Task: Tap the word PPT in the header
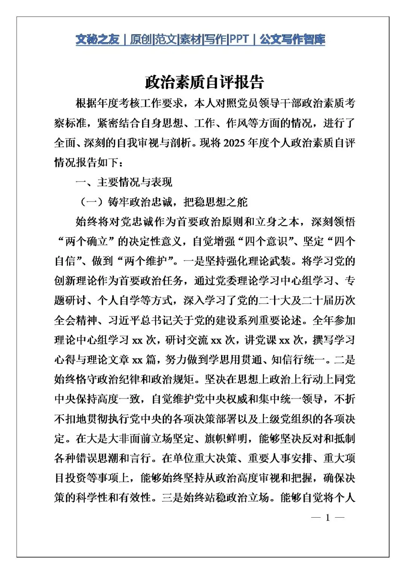point(239,39)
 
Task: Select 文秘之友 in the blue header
point(97,39)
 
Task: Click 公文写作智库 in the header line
point(292,39)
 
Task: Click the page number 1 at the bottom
point(327,518)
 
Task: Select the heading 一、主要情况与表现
point(124,182)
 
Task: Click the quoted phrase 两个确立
point(86,241)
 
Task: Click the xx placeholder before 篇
point(138,360)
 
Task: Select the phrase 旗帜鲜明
point(226,438)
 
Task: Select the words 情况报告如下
point(86,163)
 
